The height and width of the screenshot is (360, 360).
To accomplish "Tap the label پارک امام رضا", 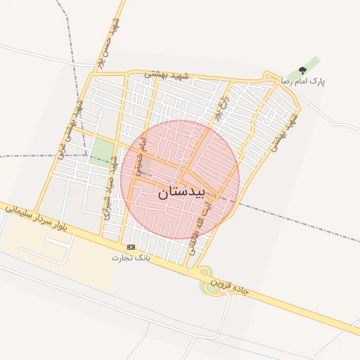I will pos(304,82).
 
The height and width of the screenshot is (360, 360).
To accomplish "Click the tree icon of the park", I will pos(302,70).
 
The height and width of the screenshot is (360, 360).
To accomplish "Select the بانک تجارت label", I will pos(131,258).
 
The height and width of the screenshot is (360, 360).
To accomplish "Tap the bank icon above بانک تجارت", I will pos(131,247).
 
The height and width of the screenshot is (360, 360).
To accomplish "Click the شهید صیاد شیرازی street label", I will pos(109,186).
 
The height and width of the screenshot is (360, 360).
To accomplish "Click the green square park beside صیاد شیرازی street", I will pos(103,150).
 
